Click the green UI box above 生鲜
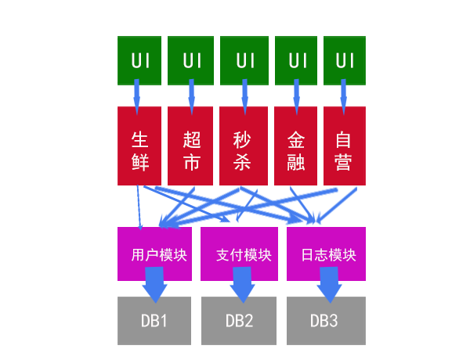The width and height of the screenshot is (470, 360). [139, 60]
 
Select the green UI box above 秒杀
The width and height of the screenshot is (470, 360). [244, 60]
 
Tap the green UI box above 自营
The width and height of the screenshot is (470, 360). [345, 60]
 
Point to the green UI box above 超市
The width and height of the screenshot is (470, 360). [190, 60]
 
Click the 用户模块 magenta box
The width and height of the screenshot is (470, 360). [154, 254]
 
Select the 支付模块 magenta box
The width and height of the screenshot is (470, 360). [240, 254]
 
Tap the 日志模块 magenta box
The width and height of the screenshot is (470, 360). [326, 254]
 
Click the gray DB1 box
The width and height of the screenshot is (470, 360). [154, 321]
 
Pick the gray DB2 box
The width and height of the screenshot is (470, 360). [239, 321]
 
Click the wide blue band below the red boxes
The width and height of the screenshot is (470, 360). [247, 205]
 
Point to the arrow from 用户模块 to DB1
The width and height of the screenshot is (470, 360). [154, 286]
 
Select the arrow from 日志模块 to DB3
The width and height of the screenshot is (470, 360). [328, 286]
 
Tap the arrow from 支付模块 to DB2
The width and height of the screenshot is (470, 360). [241, 286]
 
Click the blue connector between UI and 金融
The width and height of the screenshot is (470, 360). [296, 95]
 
